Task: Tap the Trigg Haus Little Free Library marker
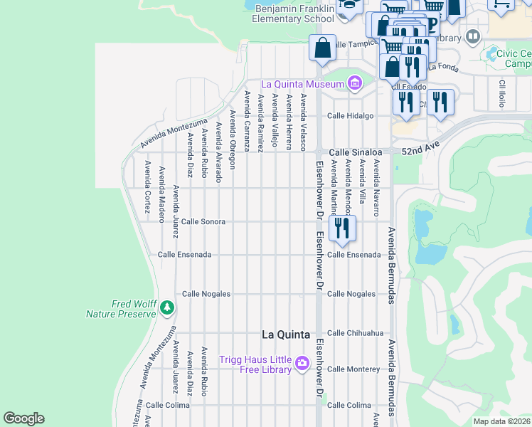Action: click(x=302, y=364)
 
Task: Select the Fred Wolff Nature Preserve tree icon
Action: click(x=167, y=308)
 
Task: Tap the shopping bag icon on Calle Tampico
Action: click(x=322, y=48)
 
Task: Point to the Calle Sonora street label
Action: click(x=203, y=222)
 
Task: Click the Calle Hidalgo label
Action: click(x=350, y=116)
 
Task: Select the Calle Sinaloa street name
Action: click(x=355, y=152)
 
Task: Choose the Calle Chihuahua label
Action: click(x=355, y=333)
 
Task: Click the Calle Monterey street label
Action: click(x=353, y=369)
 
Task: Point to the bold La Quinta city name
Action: click(x=286, y=334)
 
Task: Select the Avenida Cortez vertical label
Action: click(x=147, y=186)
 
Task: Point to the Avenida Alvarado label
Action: click(x=218, y=152)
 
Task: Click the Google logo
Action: click(x=23, y=418)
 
